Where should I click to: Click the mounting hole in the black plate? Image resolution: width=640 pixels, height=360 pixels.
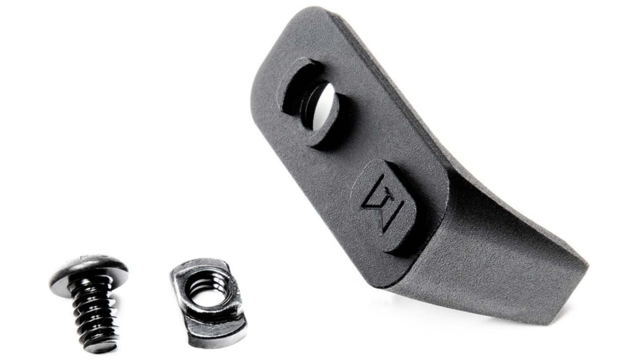point(313,102)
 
